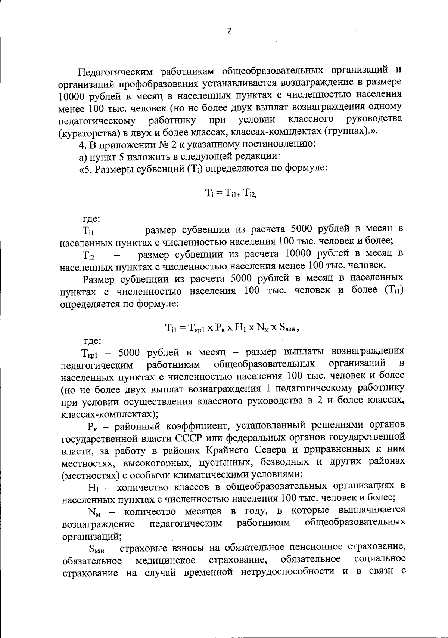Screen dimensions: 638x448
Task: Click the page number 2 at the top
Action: (x=229, y=31)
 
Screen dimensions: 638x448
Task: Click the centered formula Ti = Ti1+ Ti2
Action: (x=231, y=193)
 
